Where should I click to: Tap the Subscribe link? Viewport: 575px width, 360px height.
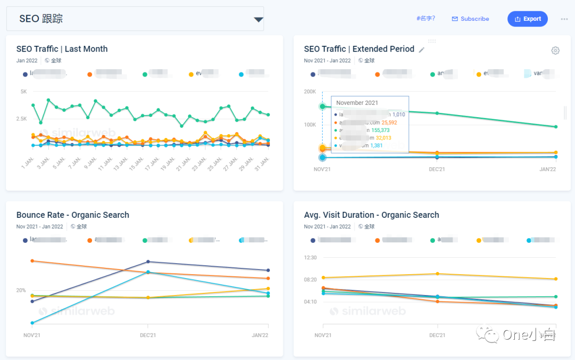click(471, 19)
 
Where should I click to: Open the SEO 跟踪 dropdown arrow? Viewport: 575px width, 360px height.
click(258, 20)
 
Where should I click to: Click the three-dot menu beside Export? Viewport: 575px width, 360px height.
click(564, 19)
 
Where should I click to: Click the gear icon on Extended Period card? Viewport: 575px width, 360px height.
click(555, 51)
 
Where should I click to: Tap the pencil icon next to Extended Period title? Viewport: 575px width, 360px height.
click(422, 50)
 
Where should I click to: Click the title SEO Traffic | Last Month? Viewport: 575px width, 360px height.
click(62, 49)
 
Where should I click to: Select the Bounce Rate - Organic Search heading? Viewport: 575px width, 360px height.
click(72, 215)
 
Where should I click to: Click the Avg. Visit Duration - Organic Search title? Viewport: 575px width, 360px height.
click(371, 215)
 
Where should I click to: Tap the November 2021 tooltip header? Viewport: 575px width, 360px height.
click(357, 103)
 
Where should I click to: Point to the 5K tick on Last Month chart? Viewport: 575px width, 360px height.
click(23, 92)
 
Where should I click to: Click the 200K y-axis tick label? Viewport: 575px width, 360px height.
click(310, 92)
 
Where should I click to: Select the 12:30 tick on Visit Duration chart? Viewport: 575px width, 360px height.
click(310, 258)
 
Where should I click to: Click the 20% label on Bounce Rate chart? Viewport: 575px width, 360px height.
click(21, 290)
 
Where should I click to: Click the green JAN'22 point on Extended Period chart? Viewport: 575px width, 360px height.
click(555, 127)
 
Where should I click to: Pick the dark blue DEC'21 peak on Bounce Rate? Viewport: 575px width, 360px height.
click(148, 261)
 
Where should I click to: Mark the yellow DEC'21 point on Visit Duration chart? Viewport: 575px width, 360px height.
click(438, 274)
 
